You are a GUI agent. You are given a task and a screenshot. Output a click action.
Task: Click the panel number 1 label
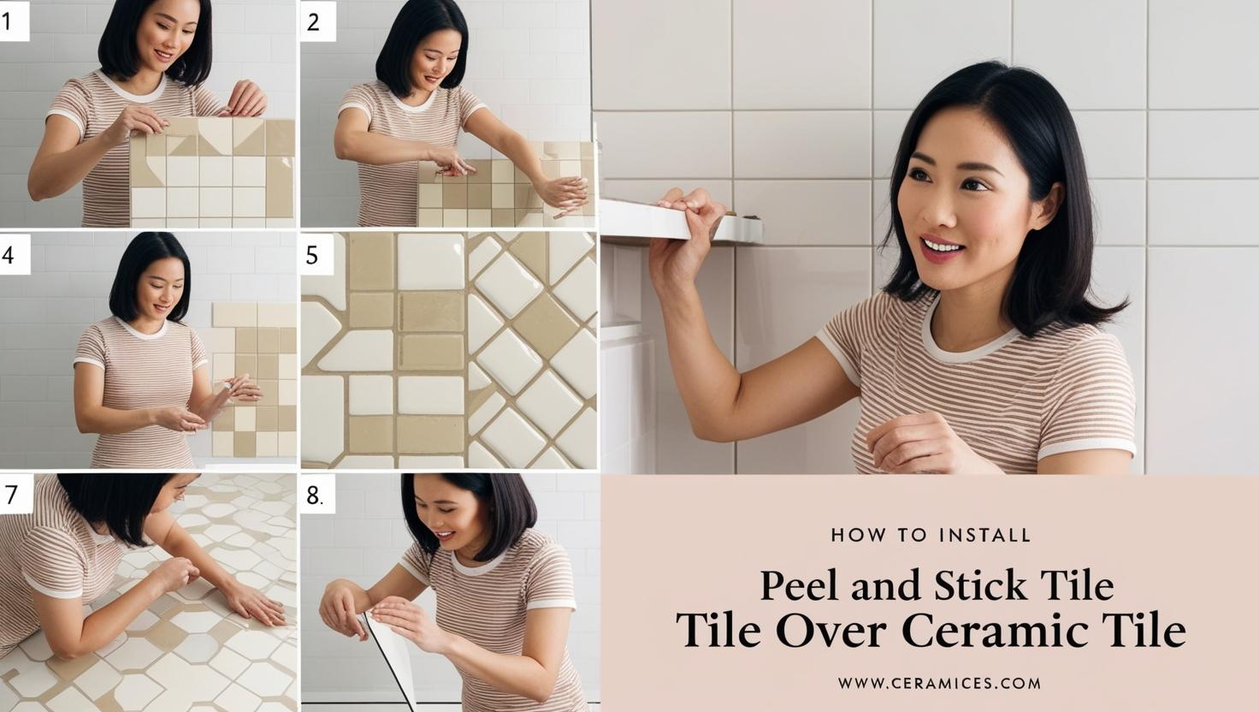coord(8,21)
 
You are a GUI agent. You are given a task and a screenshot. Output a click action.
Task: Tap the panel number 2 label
coord(313,21)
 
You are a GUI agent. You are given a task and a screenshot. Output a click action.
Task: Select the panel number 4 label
coord(8,255)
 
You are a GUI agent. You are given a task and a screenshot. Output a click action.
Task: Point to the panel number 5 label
coord(312,255)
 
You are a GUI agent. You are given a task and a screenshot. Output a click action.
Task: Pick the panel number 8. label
coord(314,495)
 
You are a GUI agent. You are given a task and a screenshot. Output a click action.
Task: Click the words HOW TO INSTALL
coord(931,535)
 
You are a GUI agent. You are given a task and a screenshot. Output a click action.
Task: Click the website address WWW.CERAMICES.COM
coord(939,683)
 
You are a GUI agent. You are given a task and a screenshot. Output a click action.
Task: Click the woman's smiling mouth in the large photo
coord(943,248)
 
